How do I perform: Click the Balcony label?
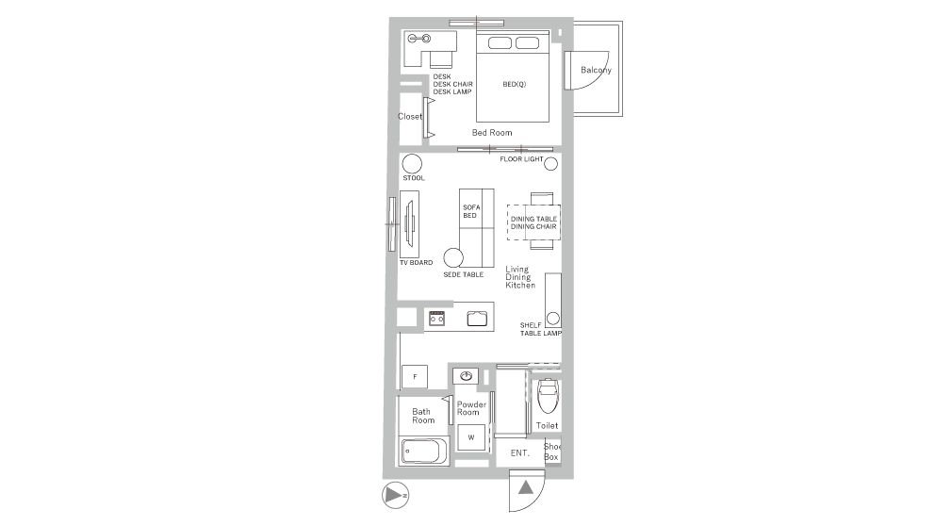(596, 70)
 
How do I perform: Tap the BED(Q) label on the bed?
(514, 84)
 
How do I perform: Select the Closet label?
(410, 116)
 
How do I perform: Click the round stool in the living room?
(412, 163)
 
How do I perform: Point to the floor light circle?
(551, 163)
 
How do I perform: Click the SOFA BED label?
(471, 211)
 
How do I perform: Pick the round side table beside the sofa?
(453, 257)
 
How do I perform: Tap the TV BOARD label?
(417, 262)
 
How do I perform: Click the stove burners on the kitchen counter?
(437, 318)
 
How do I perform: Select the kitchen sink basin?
(477, 319)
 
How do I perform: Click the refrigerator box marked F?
(415, 376)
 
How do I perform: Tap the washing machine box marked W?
(471, 437)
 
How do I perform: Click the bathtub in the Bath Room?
(424, 452)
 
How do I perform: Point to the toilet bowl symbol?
(548, 395)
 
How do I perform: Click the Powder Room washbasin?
(466, 376)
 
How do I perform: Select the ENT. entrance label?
(520, 453)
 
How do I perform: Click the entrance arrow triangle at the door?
(525, 488)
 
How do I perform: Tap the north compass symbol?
(395, 495)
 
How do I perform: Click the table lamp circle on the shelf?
(553, 318)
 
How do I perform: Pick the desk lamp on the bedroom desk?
(419, 39)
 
